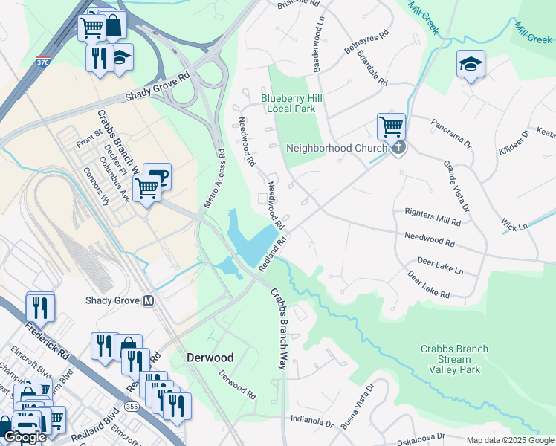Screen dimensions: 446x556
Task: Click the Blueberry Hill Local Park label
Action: (x=288, y=103)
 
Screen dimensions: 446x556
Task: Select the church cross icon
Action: (x=399, y=147)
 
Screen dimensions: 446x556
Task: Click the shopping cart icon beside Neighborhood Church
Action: (x=391, y=126)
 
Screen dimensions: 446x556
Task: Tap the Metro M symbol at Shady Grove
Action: (x=149, y=301)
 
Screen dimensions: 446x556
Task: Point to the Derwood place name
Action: (x=210, y=358)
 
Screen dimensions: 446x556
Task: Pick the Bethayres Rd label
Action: (x=366, y=43)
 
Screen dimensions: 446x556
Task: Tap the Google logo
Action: (x=25, y=437)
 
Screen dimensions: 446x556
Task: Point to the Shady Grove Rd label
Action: (x=158, y=86)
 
